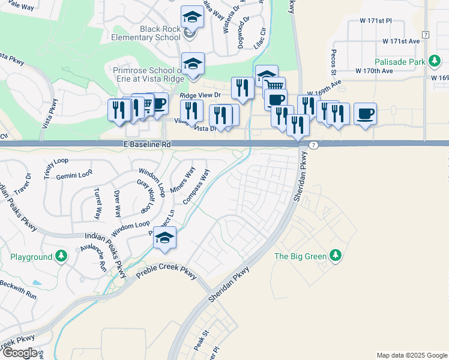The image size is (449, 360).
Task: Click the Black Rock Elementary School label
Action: pyautogui.click(x=160, y=32)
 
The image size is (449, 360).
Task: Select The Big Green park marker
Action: pyautogui.click(x=337, y=257)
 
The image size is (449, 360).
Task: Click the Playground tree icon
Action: pyautogui.click(x=61, y=257)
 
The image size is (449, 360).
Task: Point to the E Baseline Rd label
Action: pyautogui.click(x=147, y=145)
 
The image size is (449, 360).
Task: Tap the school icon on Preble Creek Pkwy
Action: pyautogui.click(x=164, y=238)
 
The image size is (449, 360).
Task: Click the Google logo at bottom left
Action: pyautogui.click(x=19, y=353)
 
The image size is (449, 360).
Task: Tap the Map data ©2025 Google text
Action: pyautogui.click(x=411, y=355)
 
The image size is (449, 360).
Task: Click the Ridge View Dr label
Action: pyautogui.click(x=200, y=95)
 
